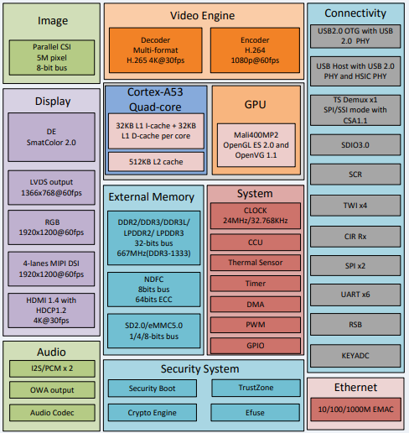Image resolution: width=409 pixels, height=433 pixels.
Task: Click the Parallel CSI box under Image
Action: point(52,57)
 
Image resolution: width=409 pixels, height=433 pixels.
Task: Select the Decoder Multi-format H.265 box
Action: point(156,50)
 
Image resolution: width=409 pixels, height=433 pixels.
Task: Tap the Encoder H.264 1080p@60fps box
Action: point(255,50)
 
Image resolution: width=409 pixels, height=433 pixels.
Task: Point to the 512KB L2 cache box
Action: point(156,162)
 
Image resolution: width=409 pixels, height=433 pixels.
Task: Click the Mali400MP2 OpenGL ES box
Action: point(256,145)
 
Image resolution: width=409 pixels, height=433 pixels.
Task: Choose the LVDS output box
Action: point(51,187)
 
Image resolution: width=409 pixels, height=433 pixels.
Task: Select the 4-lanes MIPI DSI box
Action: point(51,269)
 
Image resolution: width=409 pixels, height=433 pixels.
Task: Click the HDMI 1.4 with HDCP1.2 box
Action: point(51,310)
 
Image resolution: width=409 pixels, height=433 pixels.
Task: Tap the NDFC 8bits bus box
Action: point(154,290)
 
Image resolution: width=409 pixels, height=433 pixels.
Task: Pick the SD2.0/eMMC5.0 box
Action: point(154,331)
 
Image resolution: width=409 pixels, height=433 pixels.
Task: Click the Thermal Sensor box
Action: point(256,263)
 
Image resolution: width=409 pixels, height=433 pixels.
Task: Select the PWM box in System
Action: point(256,325)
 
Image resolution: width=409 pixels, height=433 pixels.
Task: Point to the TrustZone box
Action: point(256,388)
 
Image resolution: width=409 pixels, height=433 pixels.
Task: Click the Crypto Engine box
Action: point(153,413)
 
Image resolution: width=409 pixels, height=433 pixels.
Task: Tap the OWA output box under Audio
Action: point(52,390)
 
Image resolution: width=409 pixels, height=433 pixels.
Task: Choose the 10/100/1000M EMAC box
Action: point(355,410)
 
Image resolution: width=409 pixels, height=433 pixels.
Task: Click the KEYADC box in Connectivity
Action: point(355,356)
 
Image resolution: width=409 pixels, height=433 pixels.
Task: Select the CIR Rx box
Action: point(355,237)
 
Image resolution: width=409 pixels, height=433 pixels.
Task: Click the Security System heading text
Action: point(200,369)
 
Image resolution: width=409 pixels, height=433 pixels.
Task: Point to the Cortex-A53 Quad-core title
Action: point(155,99)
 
